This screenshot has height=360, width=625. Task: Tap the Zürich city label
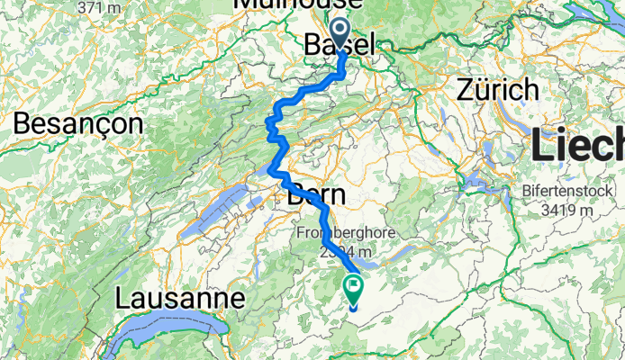click(499, 89)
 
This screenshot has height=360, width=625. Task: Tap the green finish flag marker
click(353, 289)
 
